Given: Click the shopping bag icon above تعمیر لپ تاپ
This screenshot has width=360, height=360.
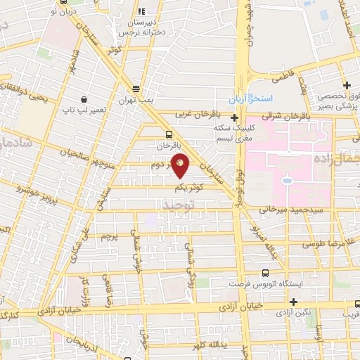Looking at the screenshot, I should coord(84,99).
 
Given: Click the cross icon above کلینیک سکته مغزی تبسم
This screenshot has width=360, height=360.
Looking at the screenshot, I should coord(233,117).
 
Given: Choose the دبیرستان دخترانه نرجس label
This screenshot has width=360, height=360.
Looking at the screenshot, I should coord(141,27).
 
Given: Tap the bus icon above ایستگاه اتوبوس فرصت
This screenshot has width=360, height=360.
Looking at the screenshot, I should coord(264,274).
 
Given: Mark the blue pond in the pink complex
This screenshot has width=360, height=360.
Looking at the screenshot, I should coord(288,181).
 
